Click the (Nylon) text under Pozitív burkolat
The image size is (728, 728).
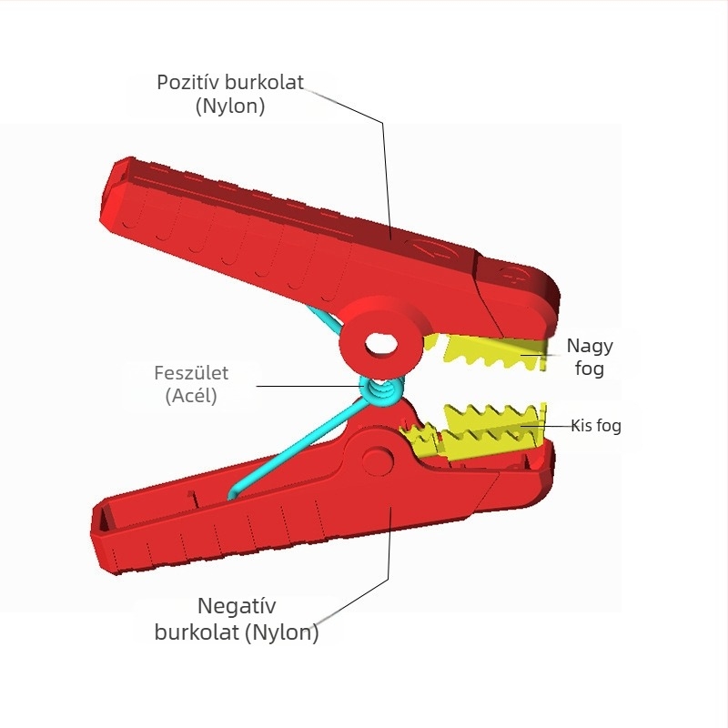[x=230, y=106]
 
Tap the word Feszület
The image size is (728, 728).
[x=190, y=372]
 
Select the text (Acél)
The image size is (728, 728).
[x=191, y=396]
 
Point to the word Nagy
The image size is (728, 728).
[x=590, y=346]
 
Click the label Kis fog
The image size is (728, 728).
[x=596, y=425]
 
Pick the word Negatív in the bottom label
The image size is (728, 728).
[x=237, y=606]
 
